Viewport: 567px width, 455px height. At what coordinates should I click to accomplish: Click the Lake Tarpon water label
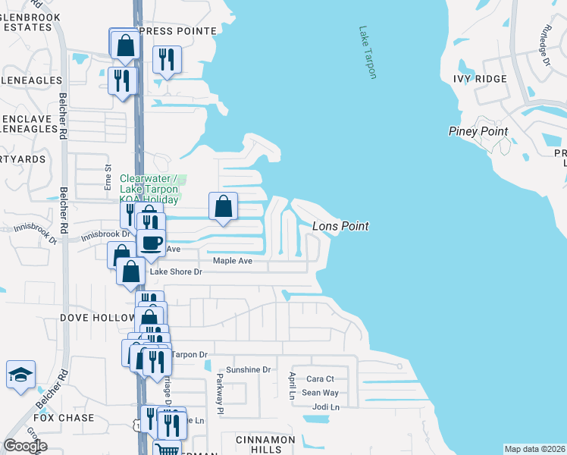point(368,52)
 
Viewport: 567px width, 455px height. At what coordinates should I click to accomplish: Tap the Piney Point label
point(478,131)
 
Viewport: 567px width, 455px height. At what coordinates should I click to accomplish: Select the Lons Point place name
point(340,226)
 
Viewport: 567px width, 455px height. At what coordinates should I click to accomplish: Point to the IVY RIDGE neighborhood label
point(479,79)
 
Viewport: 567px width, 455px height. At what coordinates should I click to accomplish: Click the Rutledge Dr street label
point(544,46)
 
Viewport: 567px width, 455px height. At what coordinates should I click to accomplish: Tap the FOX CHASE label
point(64,418)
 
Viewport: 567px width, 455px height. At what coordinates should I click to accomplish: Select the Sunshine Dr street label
point(248,370)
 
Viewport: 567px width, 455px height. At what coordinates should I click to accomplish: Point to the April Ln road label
point(291,384)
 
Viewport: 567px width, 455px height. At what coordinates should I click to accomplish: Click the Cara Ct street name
point(320,378)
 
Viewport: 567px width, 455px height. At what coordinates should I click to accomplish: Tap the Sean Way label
point(320,393)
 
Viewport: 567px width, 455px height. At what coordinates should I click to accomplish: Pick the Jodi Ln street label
point(324,407)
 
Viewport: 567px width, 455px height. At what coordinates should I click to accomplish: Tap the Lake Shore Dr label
point(176,271)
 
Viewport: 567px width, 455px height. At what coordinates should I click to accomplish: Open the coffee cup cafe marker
point(152,243)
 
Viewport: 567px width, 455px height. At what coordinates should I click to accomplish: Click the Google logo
point(25,446)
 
